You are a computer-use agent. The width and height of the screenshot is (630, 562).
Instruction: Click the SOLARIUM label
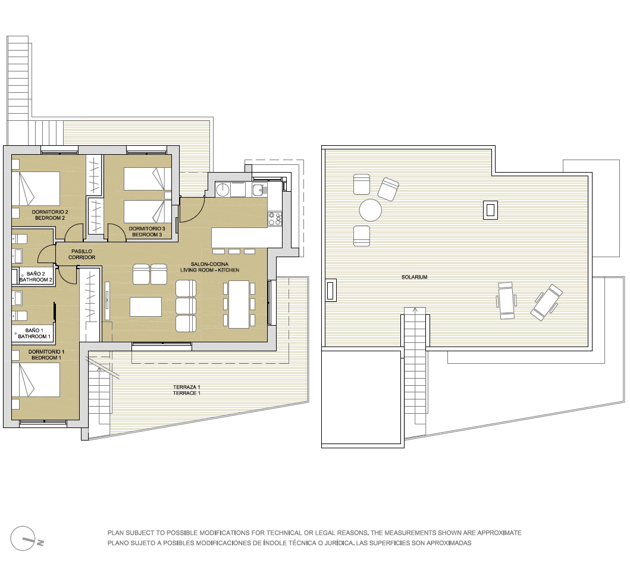coord(414,277)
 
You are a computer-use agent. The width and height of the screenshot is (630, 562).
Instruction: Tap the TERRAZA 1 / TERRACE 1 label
coord(186,390)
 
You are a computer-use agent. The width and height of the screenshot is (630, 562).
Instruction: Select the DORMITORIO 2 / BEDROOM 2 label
coord(50,215)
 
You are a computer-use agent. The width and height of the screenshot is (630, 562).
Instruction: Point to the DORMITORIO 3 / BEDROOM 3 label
coord(147,232)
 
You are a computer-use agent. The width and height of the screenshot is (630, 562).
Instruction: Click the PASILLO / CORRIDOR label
coord(82,254)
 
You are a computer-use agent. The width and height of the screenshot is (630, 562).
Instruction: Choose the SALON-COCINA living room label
coord(209,267)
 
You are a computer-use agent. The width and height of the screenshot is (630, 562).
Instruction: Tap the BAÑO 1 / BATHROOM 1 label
coord(34,333)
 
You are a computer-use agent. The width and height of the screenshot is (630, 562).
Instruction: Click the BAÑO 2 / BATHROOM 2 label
coord(36,277)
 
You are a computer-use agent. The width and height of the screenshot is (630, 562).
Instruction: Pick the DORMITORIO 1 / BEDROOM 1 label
coord(46,355)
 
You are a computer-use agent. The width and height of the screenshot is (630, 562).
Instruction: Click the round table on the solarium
coord(371,210)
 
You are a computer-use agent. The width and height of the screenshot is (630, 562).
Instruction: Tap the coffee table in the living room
coord(146,307)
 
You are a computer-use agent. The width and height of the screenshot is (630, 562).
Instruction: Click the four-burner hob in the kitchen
coord(275,219)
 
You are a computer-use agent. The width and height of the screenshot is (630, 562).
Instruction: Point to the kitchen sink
coord(258,189)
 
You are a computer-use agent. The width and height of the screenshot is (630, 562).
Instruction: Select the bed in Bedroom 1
coord(36,380)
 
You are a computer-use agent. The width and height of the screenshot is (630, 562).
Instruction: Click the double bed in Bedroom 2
coord(36,189)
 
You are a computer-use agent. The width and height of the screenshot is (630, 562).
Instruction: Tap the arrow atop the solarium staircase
coord(415,310)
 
